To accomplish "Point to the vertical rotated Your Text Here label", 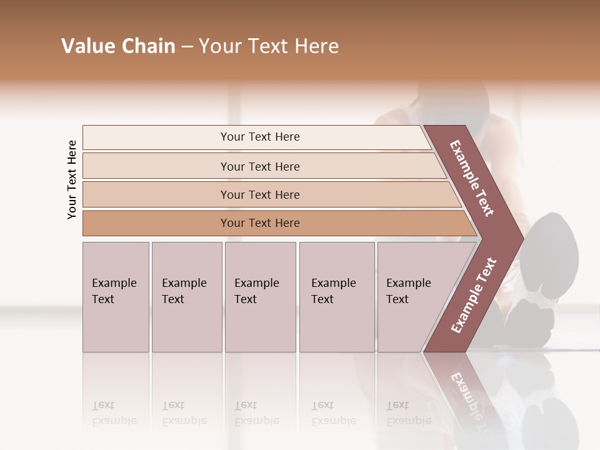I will pos(72,179).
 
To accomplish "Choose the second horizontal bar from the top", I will pos(260,166).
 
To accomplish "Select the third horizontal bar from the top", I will pos(260,194).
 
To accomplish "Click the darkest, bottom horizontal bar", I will pos(260,223).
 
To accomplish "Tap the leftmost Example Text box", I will pos(116,296).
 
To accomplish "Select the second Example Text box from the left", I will pos(186,296).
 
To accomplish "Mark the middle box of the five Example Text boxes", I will pos(260,296).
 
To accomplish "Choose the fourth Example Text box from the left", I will pos(336,296).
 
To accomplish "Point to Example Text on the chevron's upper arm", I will pos(472,177).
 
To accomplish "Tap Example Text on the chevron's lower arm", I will pos(473,296).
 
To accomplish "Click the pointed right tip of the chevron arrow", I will pos(521,237).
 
